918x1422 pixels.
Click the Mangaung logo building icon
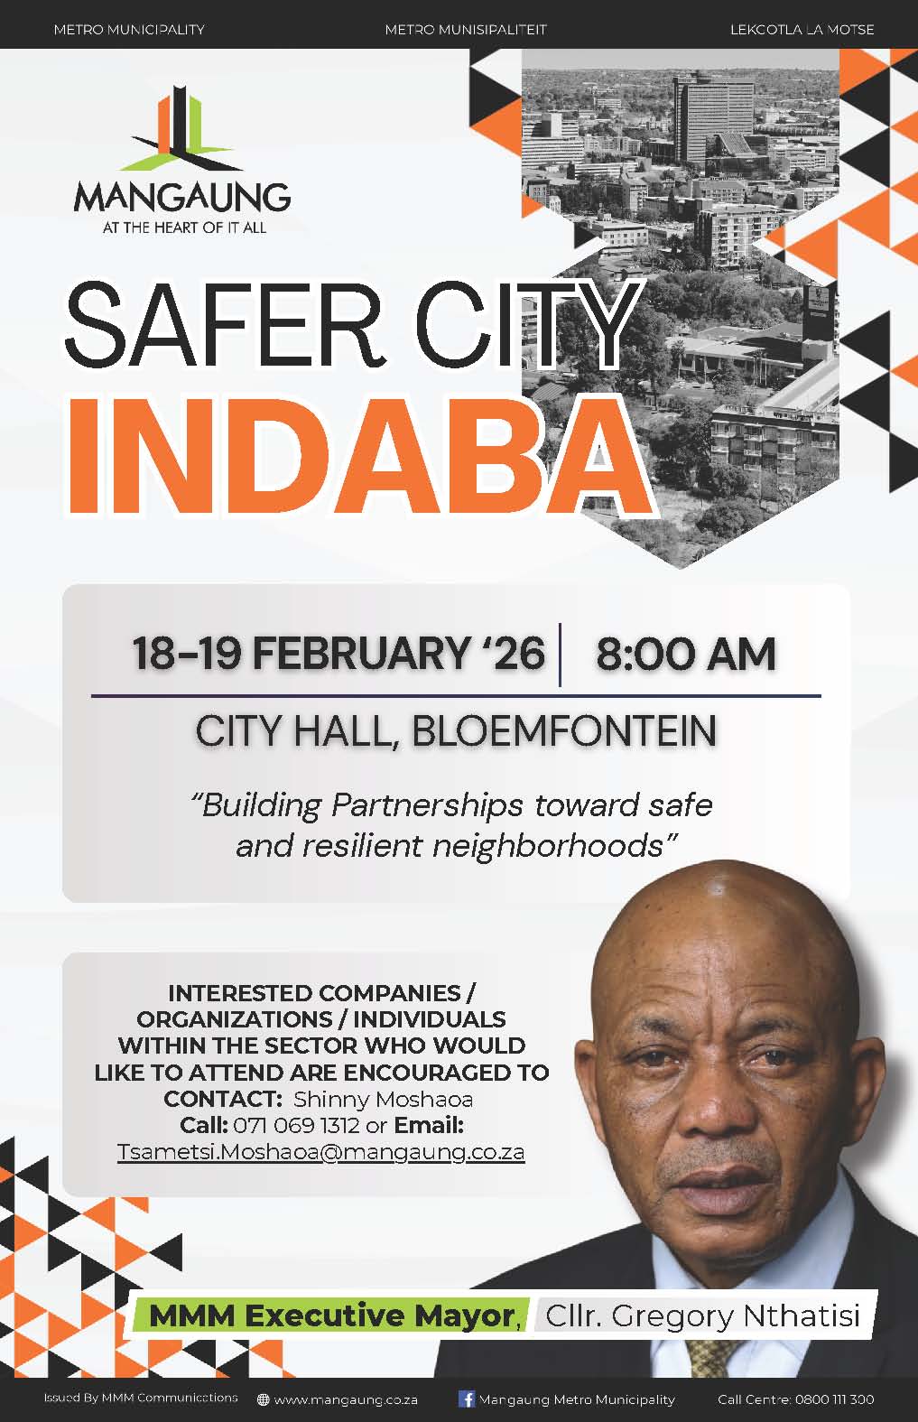point(181,129)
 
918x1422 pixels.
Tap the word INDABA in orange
point(360,455)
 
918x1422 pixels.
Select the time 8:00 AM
point(686,654)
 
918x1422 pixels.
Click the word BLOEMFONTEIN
point(564,730)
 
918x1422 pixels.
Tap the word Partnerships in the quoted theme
point(427,806)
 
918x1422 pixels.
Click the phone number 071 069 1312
point(296,1126)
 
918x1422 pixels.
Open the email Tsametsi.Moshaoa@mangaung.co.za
point(320,1153)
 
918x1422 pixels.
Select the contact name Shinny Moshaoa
point(383,1099)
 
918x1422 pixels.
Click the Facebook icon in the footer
point(467,1399)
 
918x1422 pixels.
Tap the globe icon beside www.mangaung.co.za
point(263,1399)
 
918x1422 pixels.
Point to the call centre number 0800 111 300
point(834,1399)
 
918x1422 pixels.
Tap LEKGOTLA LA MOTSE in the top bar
point(802,30)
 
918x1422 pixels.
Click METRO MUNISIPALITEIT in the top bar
point(466,30)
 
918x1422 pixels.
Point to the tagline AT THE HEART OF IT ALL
point(184,228)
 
